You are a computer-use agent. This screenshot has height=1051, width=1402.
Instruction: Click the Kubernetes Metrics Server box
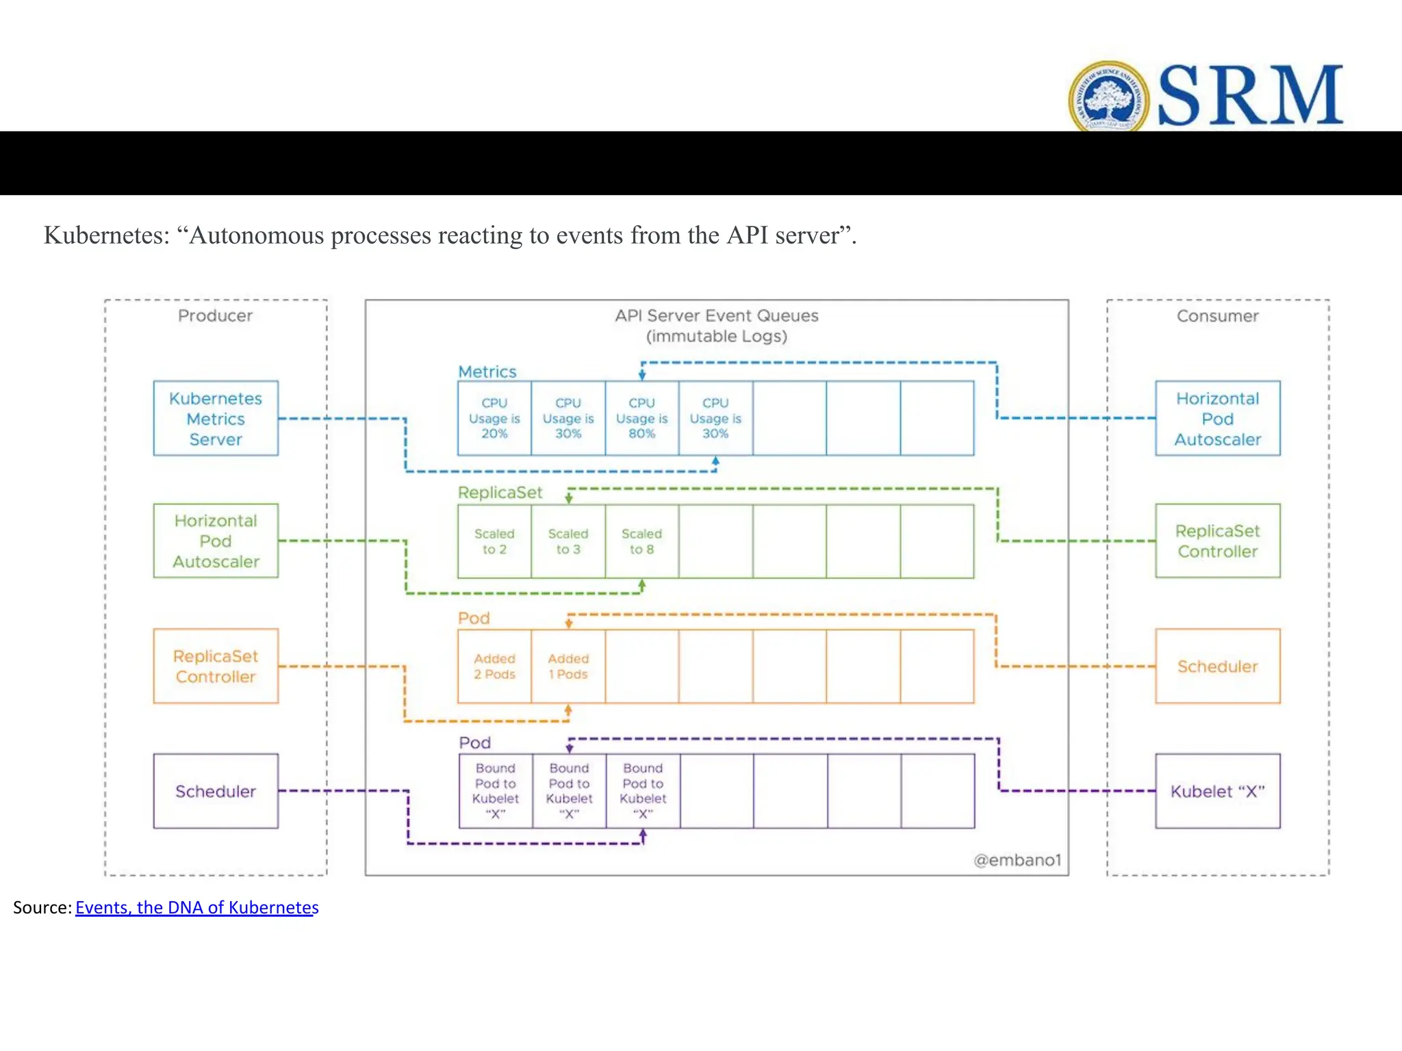click(216, 418)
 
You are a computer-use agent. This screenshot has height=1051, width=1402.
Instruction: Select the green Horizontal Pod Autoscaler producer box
click(216, 541)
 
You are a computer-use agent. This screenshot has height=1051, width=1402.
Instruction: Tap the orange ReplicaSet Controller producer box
click(216, 666)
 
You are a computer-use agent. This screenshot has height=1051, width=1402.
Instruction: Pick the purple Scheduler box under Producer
click(216, 791)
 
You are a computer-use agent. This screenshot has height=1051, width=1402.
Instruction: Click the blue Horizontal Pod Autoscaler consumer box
click(1217, 418)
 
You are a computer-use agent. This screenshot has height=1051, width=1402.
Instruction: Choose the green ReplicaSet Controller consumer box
click(1217, 541)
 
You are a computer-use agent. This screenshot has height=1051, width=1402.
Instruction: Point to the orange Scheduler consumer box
click(1217, 666)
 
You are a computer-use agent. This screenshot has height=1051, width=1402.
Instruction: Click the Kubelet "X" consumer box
click(1217, 791)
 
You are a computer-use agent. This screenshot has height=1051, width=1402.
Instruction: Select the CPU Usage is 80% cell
click(641, 418)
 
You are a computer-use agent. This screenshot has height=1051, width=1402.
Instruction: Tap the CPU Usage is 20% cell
click(494, 418)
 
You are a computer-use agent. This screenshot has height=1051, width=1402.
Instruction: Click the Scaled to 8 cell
click(641, 541)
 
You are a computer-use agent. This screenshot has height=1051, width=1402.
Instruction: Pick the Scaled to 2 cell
click(494, 541)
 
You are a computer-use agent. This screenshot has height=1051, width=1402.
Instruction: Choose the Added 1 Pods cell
click(568, 666)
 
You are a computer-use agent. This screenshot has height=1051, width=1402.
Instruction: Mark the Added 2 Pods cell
click(494, 666)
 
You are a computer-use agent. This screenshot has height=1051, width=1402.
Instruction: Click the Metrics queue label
click(487, 372)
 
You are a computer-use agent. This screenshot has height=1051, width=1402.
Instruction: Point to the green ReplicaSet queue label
click(500, 493)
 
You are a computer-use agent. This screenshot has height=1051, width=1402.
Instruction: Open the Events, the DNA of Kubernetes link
click(196, 907)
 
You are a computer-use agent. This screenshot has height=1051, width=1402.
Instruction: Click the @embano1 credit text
click(1017, 859)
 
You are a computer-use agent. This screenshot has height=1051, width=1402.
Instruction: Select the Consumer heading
click(1217, 315)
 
